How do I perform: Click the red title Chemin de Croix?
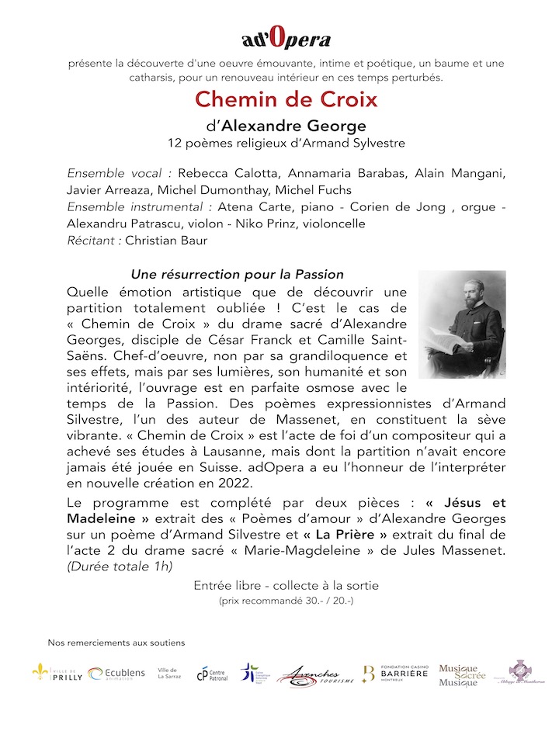[286, 99]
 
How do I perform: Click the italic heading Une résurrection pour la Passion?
[237, 275]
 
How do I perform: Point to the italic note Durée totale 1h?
[120, 566]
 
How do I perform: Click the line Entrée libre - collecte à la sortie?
[286, 585]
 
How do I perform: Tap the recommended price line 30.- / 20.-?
[286, 601]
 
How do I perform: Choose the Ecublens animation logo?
[116, 674]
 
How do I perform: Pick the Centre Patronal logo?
[210, 674]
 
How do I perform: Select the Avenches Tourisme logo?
[315, 675]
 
